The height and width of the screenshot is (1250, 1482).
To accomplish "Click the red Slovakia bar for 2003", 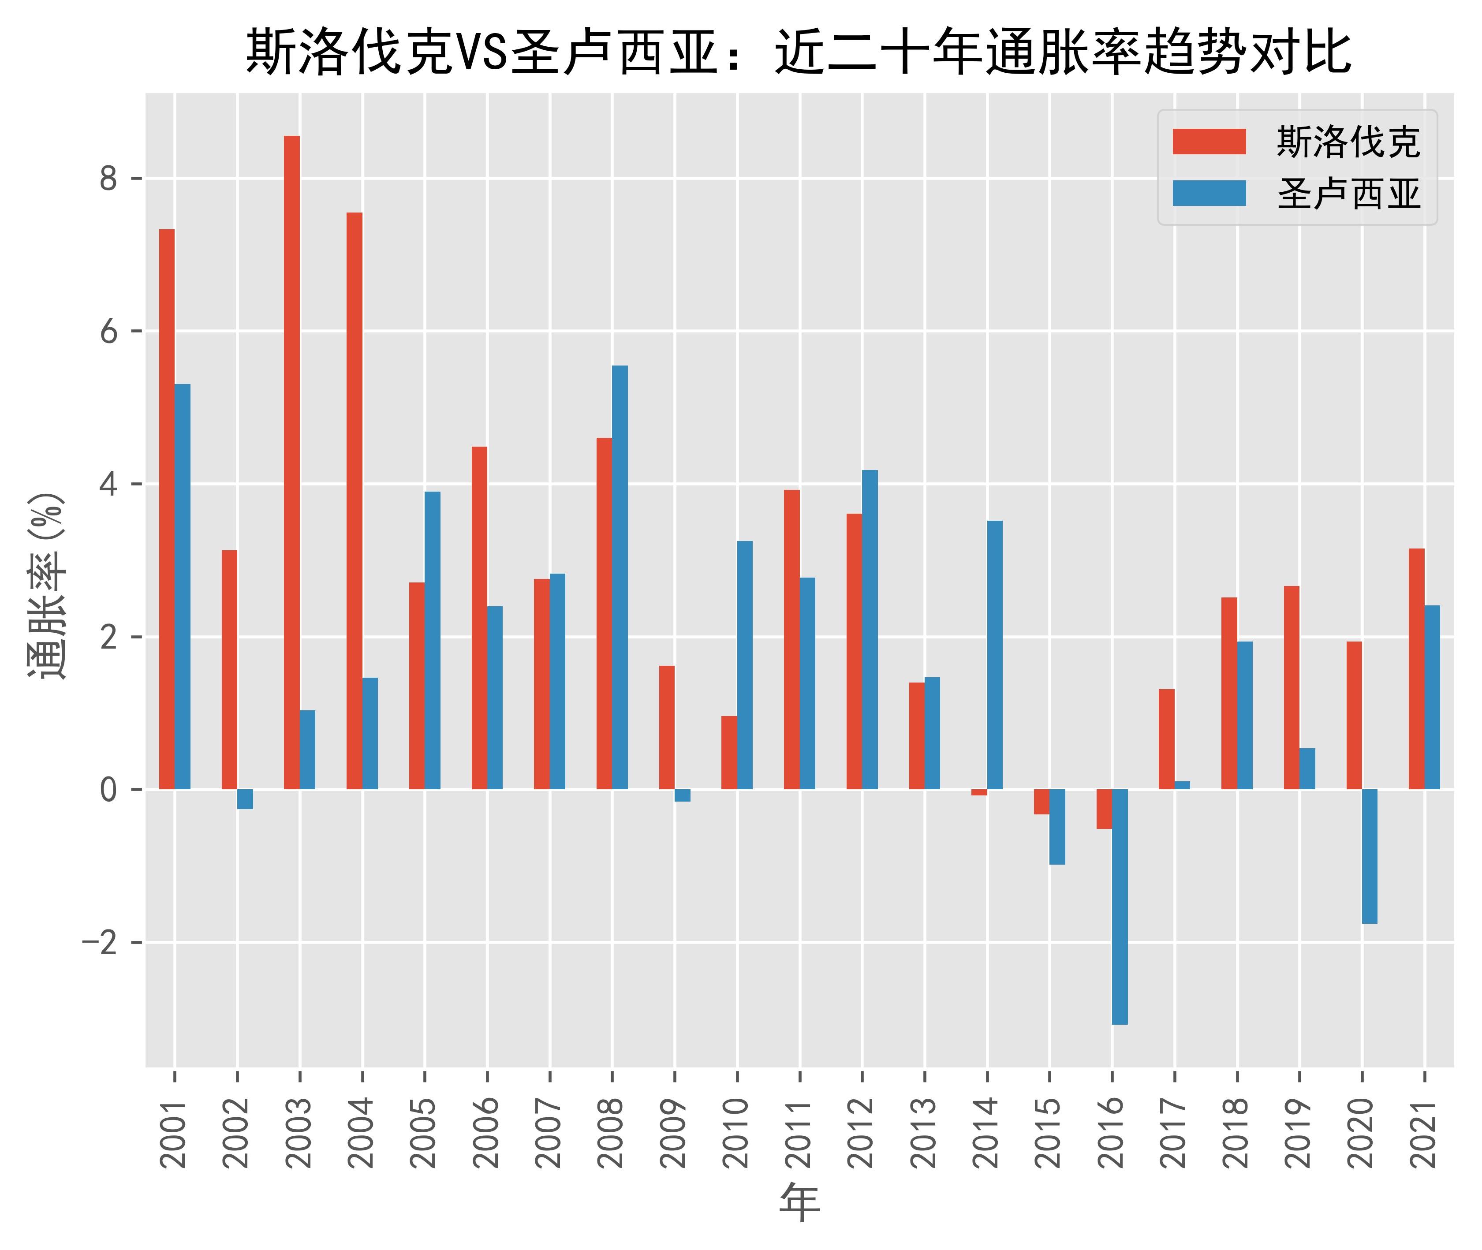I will (x=291, y=462).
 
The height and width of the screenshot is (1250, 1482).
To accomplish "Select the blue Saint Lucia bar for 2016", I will (x=1120, y=907).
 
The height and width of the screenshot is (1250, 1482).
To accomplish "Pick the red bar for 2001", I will (x=167, y=509).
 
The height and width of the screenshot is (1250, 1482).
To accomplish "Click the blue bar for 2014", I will (x=995, y=655).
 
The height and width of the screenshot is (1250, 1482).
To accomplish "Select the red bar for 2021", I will (x=1416, y=668).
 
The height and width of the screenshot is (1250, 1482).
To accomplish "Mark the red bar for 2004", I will (x=355, y=500).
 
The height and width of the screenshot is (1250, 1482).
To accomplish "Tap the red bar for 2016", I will (x=1104, y=809).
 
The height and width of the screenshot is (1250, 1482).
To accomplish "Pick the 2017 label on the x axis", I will (x=1174, y=1133).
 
